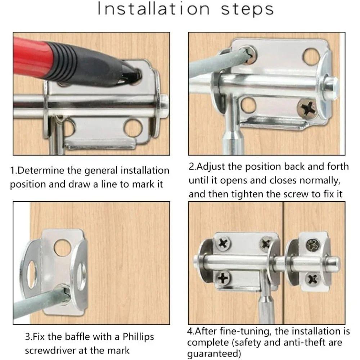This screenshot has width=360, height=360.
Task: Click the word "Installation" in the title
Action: pyautogui.click(x=154, y=9)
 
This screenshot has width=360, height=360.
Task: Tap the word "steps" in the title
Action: pyautogui.click(x=247, y=10)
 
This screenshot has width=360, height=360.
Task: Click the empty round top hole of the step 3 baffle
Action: pyautogui.click(x=62, y=248)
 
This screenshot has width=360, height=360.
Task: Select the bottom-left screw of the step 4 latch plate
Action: pyautogui.click(x=223, y=278)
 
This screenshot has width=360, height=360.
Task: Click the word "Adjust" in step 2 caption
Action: pyautogui.click(x=210, y=167)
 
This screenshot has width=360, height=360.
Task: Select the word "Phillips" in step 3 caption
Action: pyautogui.click(x=138, y=337)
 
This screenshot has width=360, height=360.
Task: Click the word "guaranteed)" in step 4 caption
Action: pyautogui.click(x=214, y=354)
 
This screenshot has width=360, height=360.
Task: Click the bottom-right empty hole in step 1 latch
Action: pyautogui.click(x=133, y=128)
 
